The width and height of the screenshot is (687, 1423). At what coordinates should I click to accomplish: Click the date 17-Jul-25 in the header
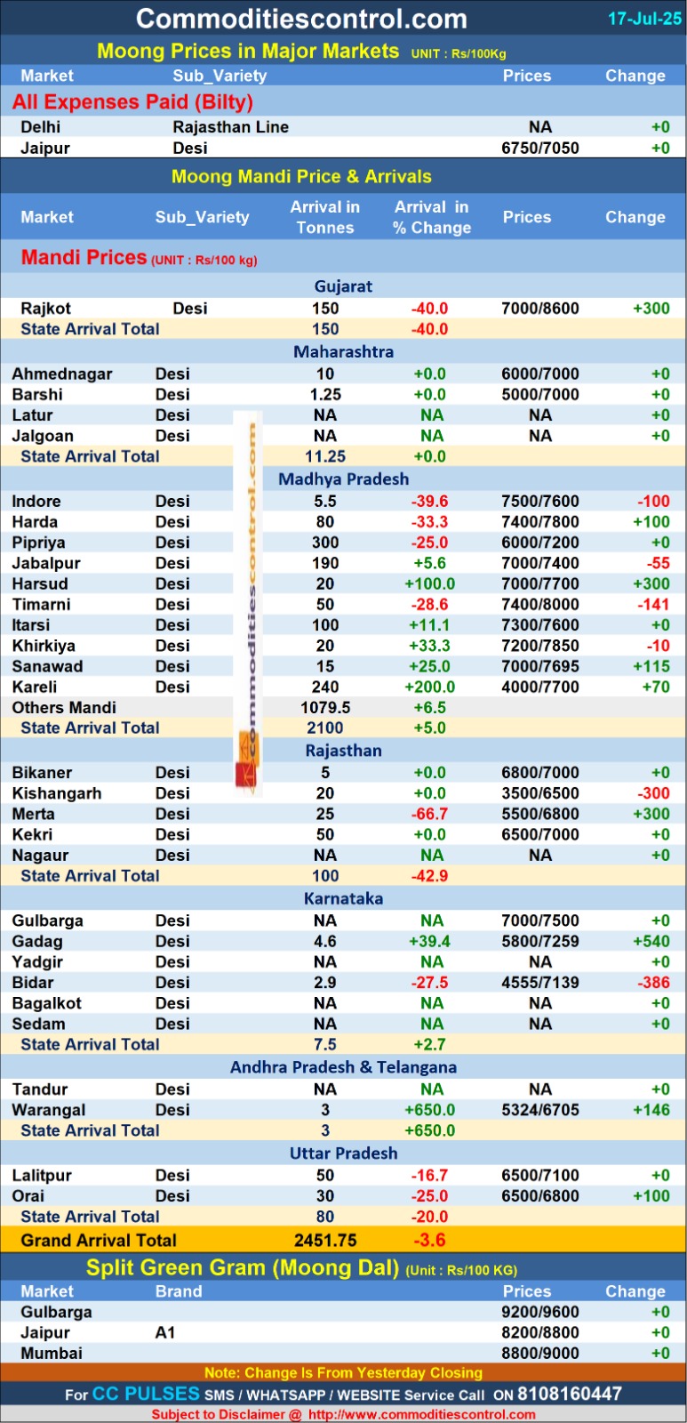pyautogui.click(x=644, y=19)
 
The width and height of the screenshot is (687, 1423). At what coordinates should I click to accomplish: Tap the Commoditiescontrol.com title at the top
pyautogui.click(x=301, y=19)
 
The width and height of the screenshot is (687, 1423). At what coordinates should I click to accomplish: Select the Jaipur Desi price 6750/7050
pyautogui.click(x=539, y=149)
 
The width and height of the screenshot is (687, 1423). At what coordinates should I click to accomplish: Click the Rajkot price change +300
pyautogui.click(x=651, y=309)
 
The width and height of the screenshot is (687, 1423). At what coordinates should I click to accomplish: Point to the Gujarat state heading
pyautogui.click(x=343, y=286)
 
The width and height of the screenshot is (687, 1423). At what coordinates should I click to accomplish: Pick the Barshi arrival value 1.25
pyautogui.click(x=325, y=395)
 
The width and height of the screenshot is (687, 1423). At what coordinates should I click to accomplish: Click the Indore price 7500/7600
pyautogui.click(x=539, y=502)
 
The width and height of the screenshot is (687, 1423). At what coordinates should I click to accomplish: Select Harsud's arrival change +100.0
pyautogui.click(x=429, y=584)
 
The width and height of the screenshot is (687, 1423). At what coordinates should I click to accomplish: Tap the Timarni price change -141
pyautogui.click(x=654, y=605)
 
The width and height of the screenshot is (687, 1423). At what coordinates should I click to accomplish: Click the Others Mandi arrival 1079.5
pyautogui.click(x=325, y=708)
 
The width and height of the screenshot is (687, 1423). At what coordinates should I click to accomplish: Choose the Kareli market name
pyautogui.click(x=35, y=687)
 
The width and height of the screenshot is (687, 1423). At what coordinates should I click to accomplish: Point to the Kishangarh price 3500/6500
pyautogui.click(x=539, y=793)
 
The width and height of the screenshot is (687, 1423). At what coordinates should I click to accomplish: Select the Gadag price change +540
pyautogui.click(x=651, y=942)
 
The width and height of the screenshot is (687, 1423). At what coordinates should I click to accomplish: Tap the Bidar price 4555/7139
pyautogui.click(x=539, y=983)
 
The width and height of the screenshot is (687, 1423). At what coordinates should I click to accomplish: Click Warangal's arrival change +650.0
pyautogui.click(x=429, y=1110)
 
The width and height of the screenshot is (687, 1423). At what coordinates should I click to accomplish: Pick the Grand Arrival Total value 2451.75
pyautogui.click(x=325, y=1241)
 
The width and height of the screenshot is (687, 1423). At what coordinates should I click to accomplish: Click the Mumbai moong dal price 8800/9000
pyautogui.click(x=539, y=1354)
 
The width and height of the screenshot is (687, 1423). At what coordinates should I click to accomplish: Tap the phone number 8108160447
pyautogui.click(x=570, y=1394)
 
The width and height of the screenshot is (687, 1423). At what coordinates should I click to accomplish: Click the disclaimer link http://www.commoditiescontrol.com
pyautogui.click(x=422, y=1414)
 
